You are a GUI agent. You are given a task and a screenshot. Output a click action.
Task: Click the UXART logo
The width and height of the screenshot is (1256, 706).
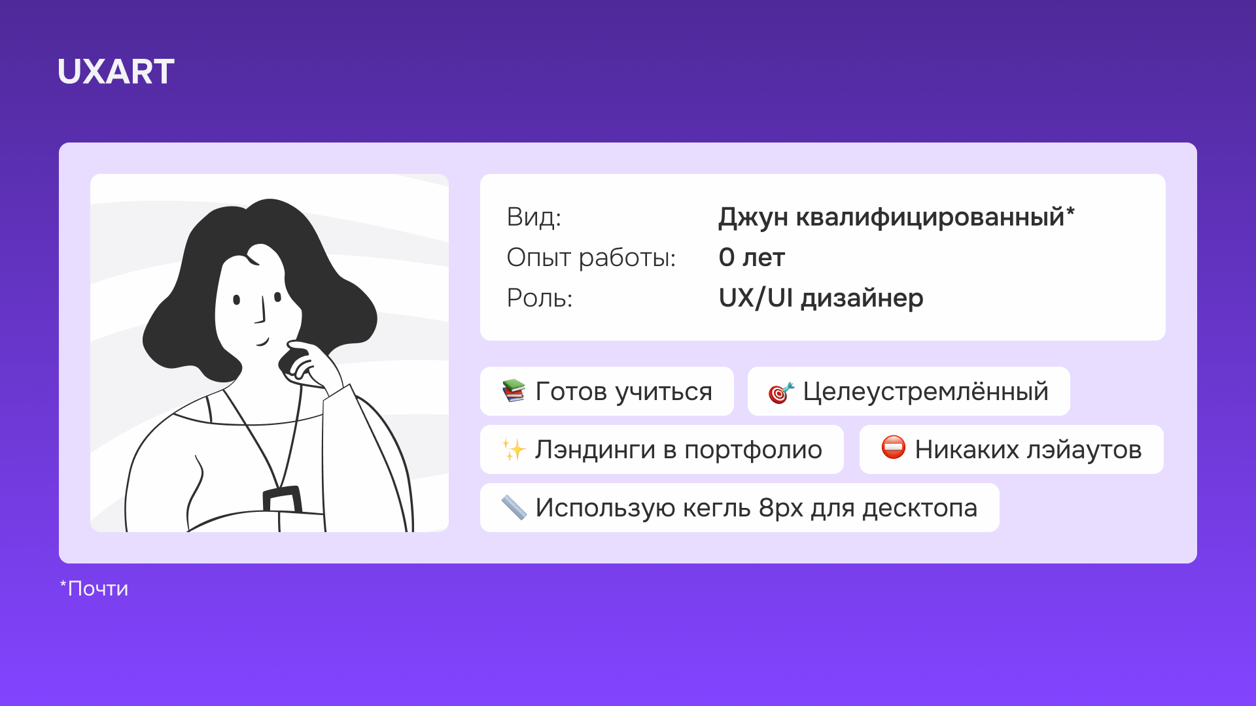116,71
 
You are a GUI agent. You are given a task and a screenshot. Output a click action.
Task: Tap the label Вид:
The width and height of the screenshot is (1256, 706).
534,217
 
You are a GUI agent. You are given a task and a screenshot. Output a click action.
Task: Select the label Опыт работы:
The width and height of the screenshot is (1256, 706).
591,258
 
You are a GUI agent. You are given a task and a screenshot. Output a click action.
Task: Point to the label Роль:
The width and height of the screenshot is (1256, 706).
539,298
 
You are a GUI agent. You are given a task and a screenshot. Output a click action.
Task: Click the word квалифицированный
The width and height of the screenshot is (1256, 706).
930,217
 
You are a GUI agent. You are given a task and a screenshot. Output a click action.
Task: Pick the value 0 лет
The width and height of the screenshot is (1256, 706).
751,258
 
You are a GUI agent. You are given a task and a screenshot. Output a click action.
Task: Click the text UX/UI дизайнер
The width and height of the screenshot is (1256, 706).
820,298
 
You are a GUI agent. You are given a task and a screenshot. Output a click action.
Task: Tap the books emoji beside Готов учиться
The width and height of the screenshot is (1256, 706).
514,391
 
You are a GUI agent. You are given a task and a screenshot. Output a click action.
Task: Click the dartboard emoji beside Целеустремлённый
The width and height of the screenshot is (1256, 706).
781,392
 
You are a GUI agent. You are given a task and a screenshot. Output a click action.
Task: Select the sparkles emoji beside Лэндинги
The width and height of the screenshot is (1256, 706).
514,450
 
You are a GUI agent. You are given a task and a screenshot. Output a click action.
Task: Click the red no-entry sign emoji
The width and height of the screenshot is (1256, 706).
893,448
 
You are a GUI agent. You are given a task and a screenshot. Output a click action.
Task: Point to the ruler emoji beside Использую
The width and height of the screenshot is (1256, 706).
514,507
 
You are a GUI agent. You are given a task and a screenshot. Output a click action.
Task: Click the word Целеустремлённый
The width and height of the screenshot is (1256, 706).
925,392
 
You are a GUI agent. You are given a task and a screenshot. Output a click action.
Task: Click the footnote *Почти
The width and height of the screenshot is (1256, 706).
94,588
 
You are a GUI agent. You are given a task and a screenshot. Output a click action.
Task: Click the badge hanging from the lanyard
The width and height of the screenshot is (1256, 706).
282,499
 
